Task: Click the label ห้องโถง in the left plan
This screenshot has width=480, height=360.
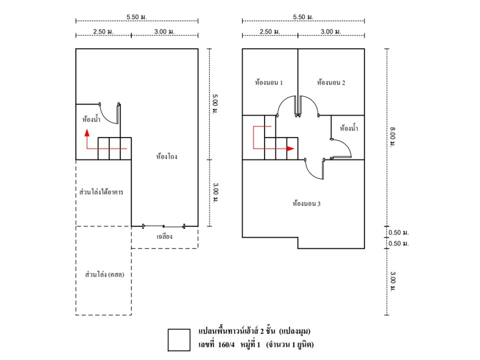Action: click(x=167, y=156)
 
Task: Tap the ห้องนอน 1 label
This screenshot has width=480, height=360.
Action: click(x=269, y=82)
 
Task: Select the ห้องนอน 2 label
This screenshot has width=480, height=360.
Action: click(x=331, y=82)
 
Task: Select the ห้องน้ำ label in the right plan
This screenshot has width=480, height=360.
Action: click(x=348, y=128)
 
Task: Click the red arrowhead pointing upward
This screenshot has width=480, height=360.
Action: click(x=87, y=133)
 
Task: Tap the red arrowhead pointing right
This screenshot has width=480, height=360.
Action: click(x=290, y=148)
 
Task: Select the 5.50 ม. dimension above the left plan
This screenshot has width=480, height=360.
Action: click(x=136, y=17)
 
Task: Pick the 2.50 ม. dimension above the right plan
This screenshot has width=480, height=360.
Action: click(x=269, y=31)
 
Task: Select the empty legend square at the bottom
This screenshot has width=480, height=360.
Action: click(x=179, y=340)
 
